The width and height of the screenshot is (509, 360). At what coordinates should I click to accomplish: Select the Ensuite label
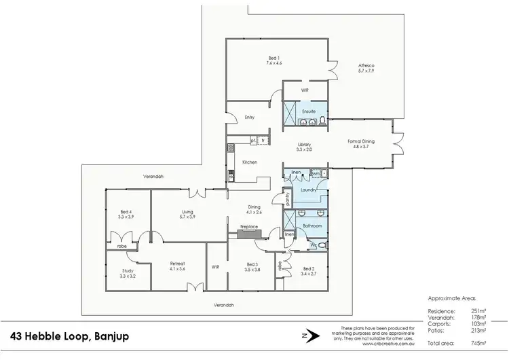pyautogui.click(x=309, y=111)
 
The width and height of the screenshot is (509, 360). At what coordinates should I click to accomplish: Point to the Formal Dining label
pyautogui.click(x=361, y=142)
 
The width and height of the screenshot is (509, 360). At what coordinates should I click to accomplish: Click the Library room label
pyautogui.click(x=304, y=145)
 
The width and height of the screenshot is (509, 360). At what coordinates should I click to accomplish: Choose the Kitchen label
pyautogui.click(x=249, y=162)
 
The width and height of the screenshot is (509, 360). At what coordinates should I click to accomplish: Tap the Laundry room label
pyautogui.click(x=309, y=191)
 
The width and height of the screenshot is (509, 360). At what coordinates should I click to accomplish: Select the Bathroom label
pyautogui.click(x=312, y=223)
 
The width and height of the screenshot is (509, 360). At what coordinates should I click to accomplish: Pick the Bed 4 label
pyautogui.click(x=127, y=212)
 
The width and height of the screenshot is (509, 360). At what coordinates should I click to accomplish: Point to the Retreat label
pyautogui.click(x=177, y=264)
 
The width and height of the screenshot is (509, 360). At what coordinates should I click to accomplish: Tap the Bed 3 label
pyautogui.click(x=252, y=265)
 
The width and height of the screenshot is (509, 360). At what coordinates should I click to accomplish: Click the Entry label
pyautogui.click(x=249, y=118)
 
